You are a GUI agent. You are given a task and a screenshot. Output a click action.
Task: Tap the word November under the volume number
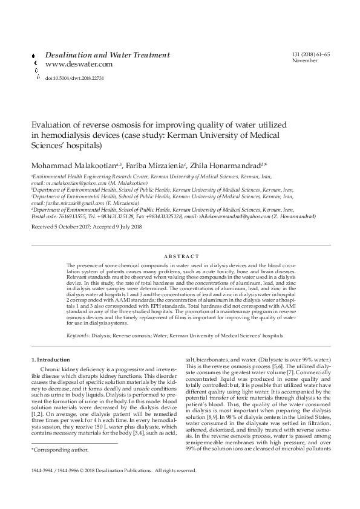point(304,61)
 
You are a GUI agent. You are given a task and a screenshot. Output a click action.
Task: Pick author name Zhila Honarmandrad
point(224,164)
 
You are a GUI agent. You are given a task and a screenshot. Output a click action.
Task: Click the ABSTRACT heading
point(180,256)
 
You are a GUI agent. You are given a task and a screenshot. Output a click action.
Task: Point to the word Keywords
point(78,334)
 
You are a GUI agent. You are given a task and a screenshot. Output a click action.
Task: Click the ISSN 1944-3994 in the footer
point(43,470)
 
